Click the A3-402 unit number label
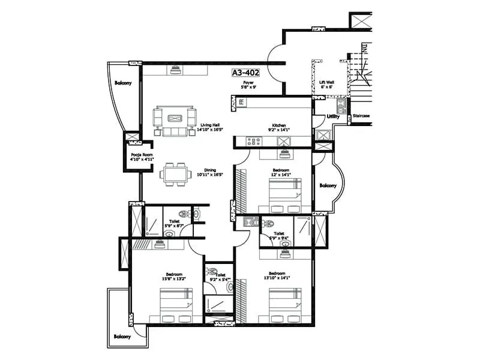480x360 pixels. point(246,73)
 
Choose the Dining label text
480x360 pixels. point(209,170)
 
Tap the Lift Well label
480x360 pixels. point(327,82)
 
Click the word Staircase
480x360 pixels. point(361,115)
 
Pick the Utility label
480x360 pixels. point(334,117)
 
